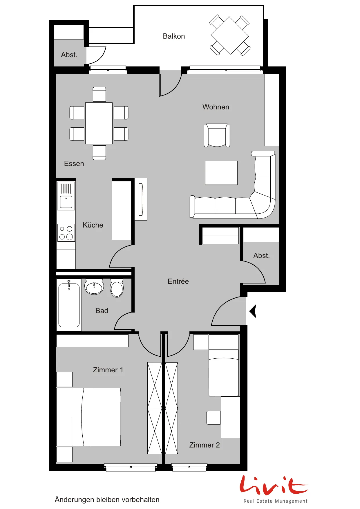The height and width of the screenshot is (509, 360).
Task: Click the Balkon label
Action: pos(174,36)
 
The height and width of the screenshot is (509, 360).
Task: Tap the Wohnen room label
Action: pos(216,107)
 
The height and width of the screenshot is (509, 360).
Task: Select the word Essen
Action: pos(74,164)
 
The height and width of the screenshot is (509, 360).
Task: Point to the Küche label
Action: pos(93,225)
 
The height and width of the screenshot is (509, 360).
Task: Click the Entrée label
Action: pos(178,281)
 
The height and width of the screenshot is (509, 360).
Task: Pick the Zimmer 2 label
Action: pos(205,445)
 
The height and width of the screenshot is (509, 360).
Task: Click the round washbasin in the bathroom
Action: pos(94,287)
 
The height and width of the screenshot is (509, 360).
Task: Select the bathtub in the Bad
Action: pos(69,305)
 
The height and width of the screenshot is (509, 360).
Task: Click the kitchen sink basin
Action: pos(66,202)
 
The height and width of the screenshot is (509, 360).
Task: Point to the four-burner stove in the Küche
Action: pos(66,233)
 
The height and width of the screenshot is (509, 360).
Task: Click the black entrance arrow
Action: pos(253,311)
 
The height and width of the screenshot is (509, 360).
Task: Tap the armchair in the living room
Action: pos(217,135)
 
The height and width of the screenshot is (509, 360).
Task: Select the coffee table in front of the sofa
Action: pos(221,173)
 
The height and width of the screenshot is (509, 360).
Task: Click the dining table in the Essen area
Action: pos(99,123)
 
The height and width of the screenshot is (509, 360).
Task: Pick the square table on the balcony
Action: pos(230,35)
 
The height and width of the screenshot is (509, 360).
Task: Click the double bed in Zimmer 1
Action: pos(88,417)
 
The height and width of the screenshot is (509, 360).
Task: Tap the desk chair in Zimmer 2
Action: pos(214,418)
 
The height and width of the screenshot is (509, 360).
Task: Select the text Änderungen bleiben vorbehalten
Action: pos(107,499)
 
